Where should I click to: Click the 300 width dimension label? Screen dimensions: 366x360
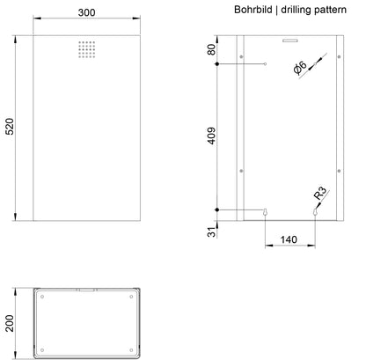[x=86, y=12]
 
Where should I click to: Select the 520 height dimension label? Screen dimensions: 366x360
[x=10, y=126]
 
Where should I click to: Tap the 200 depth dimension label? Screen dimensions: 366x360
[x=10, y=323]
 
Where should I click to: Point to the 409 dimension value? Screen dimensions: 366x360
[x=211, y=136]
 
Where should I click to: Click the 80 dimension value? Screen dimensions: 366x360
[x=211, y=49]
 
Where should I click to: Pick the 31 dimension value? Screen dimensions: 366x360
[x=211, y=231]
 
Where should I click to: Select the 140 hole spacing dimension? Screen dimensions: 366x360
[x=289, y=239]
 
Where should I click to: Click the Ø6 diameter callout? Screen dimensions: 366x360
[x=300, y=68]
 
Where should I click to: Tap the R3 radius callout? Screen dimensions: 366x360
[x=320, y=193]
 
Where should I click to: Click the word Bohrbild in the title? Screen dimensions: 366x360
[x=253, y=10]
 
